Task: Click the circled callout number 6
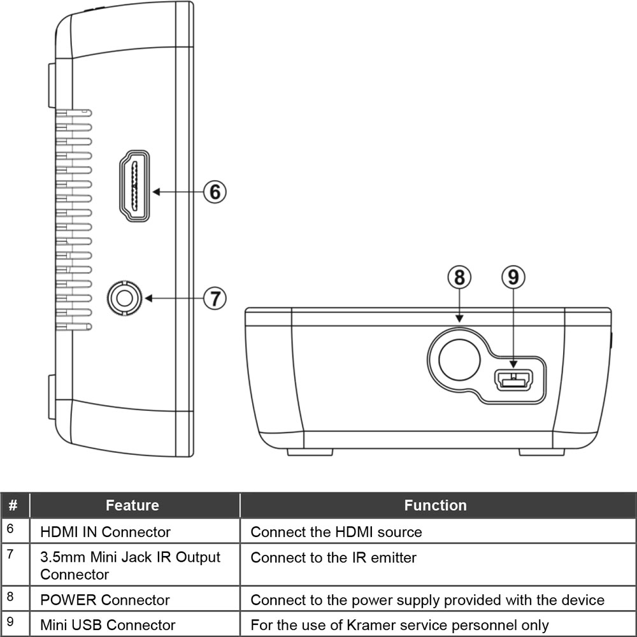215,191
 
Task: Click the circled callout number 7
215,297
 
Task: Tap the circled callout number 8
459,277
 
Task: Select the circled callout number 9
513,277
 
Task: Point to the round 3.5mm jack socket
122,297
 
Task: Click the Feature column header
132,506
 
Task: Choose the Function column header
436,506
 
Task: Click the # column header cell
13,506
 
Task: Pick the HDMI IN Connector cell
105,532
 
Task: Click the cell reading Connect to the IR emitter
333,558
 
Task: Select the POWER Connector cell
104,600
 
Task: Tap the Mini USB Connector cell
107,626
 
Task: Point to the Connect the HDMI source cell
336,532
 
